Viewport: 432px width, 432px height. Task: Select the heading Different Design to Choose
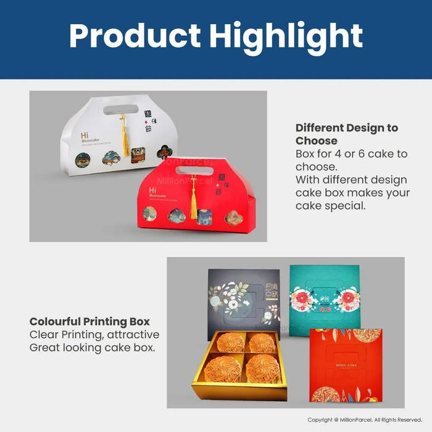point(347,134)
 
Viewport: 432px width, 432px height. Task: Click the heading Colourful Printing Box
point(89,322)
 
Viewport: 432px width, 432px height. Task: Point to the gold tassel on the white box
point(125,138)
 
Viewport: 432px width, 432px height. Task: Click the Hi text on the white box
point(84,135)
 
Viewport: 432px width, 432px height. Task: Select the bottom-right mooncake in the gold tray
point(264,368)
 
